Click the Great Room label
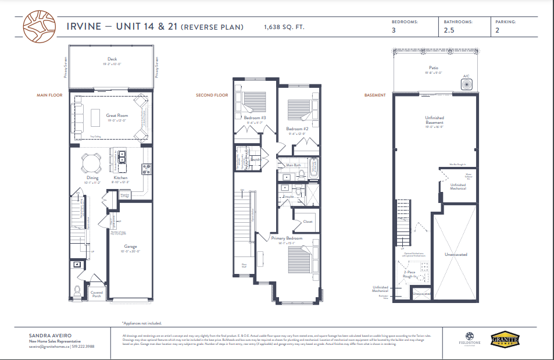click(x=117, y=116)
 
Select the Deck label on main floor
click(x=112, y=59)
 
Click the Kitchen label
click(x=120, y=177)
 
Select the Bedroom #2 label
click(x=296, y=129)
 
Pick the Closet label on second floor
click(x=308, y=222)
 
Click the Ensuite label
click(x=288, y=197)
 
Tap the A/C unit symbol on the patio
click(x=466, y=84)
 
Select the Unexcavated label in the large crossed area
click(x=456, y=255)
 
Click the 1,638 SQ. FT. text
click(x=284, y=27)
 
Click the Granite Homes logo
click(x=502, y=338)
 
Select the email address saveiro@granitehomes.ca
click(x=49, y=347)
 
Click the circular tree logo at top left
click(x=39, y=27)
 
